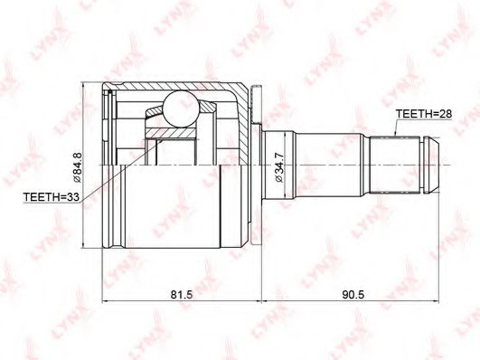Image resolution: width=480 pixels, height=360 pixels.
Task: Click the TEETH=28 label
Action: pyautogui.click(x=424, y=114)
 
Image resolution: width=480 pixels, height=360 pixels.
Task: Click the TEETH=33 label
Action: pyautogui.click(x=52, y=196)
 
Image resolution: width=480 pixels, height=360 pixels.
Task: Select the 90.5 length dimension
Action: pyautogui.click(x=353, y=295)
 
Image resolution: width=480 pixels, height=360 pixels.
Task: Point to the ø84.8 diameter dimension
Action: pyautogui.click(x=77, y=167)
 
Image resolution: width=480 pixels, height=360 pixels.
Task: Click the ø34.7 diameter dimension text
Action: pyautogui.click(x=279, y=167)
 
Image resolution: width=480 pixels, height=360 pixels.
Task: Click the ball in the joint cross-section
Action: pyautogui.click(x=181, y=109)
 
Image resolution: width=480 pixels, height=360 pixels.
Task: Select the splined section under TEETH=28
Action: pyautogui.click(x=395, y=166)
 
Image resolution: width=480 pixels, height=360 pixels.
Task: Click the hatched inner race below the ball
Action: pyautogui.click(x=170, y=133)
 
